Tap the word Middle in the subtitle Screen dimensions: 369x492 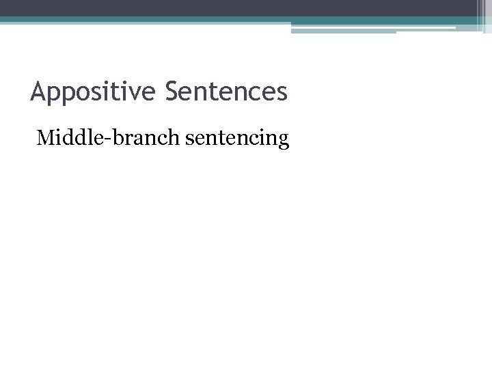coord(64,139)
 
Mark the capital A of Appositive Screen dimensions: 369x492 coord(38,91)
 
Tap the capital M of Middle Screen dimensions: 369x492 coord(46,139)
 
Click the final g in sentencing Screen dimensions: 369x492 coord(284,142)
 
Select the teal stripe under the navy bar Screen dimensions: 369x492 coord(205,20)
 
